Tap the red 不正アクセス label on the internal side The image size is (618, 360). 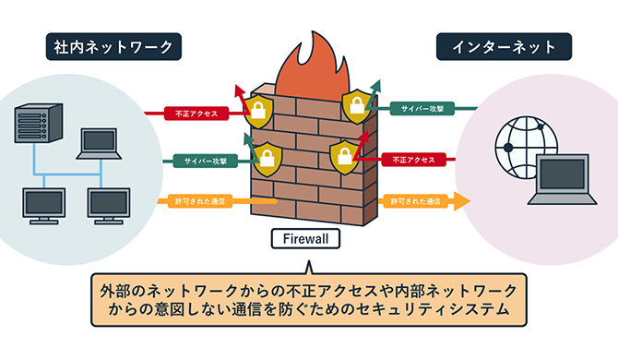click(x=196, y=114)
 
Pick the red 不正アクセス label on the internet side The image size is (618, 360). click(x=411, y=159)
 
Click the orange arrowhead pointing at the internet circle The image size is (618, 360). click(x=462, y=200)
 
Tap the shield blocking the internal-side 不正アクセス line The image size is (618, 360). click(x=258, y=112)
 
